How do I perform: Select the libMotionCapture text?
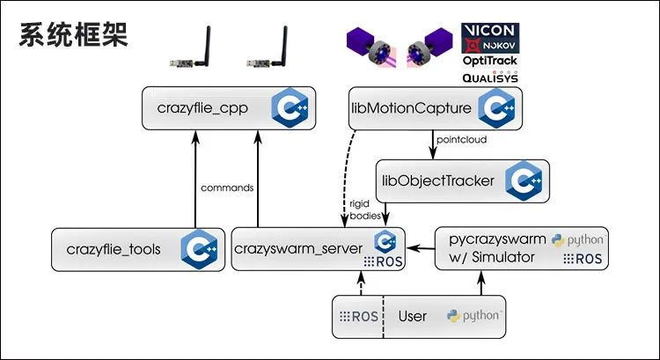click(x=401, y=109)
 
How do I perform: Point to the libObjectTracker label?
click(x=438, y=182)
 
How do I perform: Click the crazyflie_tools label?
click(x=114, y=249)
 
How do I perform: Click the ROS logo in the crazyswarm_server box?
click(x=384, y=261)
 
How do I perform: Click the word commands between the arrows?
click(x=227, y=187)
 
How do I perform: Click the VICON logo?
click(x=490, y=31)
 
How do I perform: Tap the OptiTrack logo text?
click(x=490, y=62)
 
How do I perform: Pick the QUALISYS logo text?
click(x=490, y=77)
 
